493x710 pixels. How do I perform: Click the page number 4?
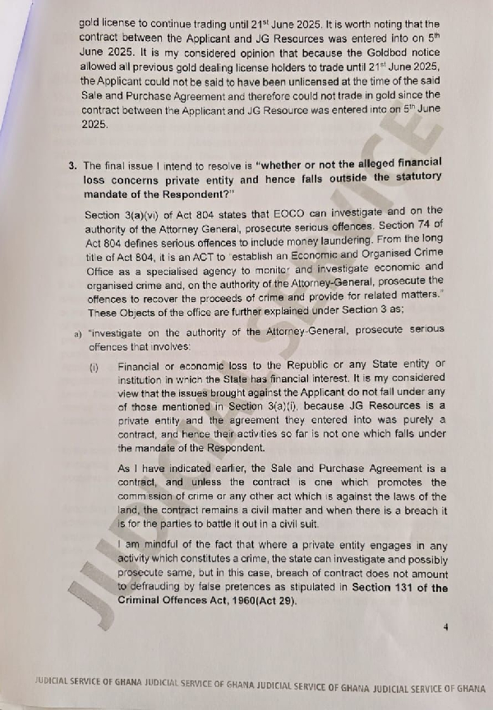coord(445,627)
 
